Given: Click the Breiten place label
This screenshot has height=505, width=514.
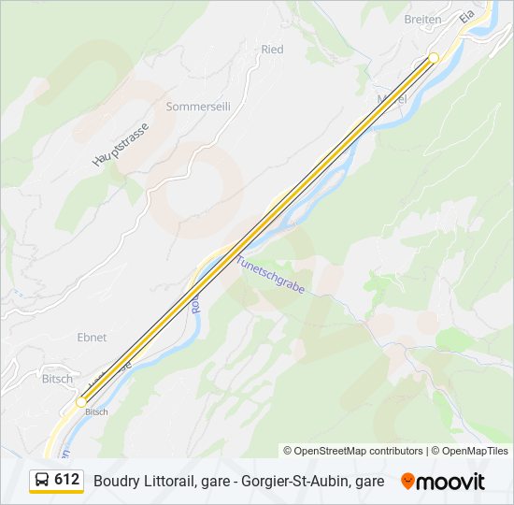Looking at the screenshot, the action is (x=422, y=19).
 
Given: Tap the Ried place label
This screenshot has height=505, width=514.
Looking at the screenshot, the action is (x=272, y=49).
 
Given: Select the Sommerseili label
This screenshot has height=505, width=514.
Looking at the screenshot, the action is (x=198, y=107).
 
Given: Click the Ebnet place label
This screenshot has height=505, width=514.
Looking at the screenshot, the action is (x=92, y=337).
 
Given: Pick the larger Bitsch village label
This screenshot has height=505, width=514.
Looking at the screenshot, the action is (x=57, y=380).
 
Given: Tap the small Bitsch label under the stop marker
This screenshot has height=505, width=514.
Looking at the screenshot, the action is (x=97, y=411).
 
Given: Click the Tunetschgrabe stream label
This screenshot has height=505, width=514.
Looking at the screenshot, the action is (x=270, y=275).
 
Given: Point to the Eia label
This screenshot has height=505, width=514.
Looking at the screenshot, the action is (x=467, y=18).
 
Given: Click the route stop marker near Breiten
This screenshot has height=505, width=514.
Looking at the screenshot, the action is (x=434, y=58).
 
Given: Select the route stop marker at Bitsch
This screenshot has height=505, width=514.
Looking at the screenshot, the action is (x=81, y=401).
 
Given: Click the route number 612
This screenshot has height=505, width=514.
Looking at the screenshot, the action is (x=66, y=480).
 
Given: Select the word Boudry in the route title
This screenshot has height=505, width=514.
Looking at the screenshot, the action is (x=114, y=481).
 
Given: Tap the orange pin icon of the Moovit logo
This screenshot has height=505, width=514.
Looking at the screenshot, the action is (x=407, y=481).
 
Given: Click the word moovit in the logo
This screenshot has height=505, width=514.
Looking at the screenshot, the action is (x=450, y=482).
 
